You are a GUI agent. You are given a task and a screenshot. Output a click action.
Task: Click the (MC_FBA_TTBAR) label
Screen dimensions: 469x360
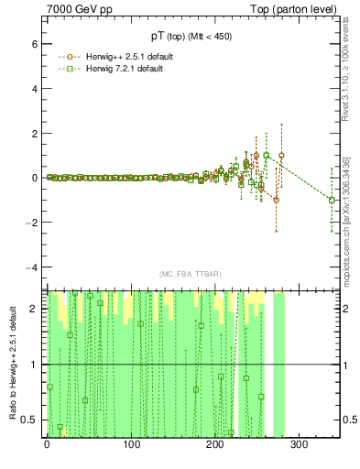[x=190, y=274]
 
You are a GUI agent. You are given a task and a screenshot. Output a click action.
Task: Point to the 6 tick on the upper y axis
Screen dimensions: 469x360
[x=34, y=44]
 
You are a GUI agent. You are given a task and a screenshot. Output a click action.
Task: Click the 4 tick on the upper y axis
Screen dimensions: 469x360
[x=34, y=89]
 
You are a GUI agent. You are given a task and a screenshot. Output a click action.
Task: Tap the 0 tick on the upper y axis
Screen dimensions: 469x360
[x=34, y=178]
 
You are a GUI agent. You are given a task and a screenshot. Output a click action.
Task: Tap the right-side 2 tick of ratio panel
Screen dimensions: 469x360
[x=348, y=309]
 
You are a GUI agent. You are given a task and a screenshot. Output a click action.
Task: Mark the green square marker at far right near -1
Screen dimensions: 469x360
[x=332, y=200]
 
